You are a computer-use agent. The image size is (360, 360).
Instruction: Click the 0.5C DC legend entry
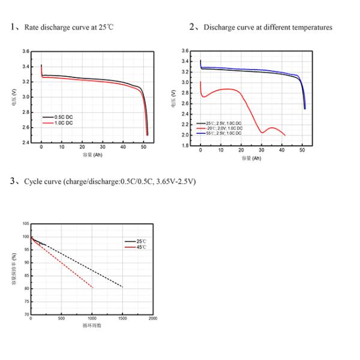(64, 116)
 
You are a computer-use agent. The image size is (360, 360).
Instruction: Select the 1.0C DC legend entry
(64, 122)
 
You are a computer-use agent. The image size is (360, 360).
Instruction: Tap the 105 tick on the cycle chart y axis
(25, 223)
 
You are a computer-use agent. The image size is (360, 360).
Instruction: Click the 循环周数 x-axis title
(92, 325)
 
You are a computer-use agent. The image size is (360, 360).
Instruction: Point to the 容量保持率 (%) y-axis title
(14, 268)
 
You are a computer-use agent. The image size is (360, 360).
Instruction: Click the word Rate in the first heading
(31, 28)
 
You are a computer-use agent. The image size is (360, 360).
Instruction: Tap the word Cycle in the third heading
(33, 181)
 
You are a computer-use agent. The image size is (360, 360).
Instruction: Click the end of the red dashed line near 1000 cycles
(93, 287)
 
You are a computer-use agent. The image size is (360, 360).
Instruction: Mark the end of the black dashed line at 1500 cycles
(122, 287)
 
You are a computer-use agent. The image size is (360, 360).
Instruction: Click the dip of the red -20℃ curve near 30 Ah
(262, 132)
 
